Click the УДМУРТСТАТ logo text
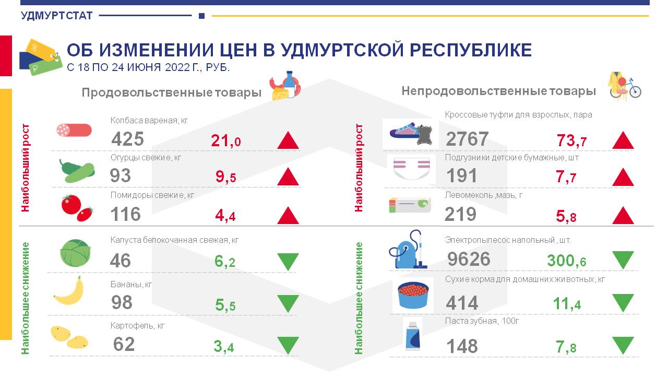coord(57,16)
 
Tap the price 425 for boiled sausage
coord(128,139)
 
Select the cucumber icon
coord(77,171)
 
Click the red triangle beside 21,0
coord(288,140)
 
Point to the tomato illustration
coord(77,208)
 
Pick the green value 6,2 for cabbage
coord(225,262)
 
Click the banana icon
coord(69,291)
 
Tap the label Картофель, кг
coord(137,325)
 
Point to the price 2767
coord(467,139)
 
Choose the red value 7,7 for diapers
coord(566,177)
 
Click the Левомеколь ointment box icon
coord(410,205)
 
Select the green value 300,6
coord(567,261)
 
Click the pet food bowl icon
coord(413,295)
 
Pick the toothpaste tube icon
coord(413,336)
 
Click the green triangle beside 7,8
coord(623,346)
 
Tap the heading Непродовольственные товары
coord(498,91)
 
